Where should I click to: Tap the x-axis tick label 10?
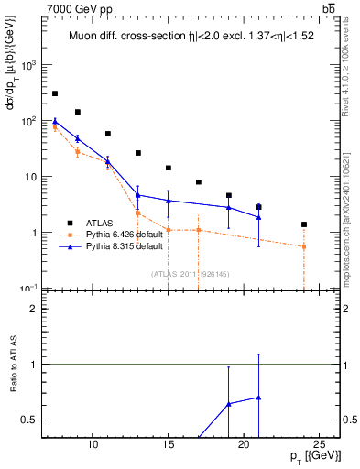click(93, 445)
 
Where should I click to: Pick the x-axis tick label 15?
click(168, 445)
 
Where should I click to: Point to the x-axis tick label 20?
click(244, 445)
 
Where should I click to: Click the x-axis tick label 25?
click(319, 445)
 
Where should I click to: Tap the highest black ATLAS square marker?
click(55, 93)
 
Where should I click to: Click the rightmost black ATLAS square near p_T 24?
click(304, 224)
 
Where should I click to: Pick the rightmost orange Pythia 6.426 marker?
click(304, 246)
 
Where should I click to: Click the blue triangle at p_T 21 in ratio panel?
click(259, 398)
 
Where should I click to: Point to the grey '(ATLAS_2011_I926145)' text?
click(191, 274)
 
